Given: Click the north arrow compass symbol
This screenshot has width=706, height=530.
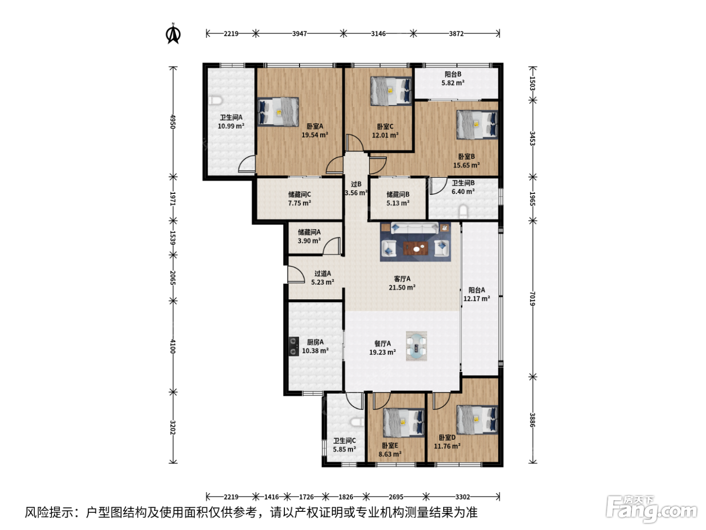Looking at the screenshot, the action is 173,33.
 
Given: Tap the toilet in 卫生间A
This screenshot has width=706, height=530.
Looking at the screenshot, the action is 215,100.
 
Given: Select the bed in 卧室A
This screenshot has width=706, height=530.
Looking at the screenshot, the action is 278,112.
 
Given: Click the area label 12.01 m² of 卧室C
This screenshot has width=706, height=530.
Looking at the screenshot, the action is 385,135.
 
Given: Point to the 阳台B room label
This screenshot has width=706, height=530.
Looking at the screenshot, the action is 453,74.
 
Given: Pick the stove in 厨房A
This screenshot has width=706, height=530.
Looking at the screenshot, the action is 293,346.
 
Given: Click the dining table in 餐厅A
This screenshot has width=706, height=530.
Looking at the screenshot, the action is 417,346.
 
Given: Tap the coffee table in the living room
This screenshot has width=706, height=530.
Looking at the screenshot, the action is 416,248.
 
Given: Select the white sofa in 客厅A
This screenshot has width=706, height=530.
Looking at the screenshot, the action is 415,228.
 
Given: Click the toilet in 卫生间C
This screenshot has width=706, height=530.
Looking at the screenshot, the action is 357,421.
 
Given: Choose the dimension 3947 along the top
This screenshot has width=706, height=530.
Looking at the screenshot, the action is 300,33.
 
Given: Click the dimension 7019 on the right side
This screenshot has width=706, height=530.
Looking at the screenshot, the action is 533,299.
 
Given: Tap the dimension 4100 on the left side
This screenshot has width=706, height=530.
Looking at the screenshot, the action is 173,346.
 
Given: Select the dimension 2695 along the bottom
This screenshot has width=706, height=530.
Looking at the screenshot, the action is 396,497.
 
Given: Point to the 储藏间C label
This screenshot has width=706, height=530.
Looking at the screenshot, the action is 300,194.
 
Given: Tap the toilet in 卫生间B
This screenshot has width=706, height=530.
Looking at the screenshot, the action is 463,211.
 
